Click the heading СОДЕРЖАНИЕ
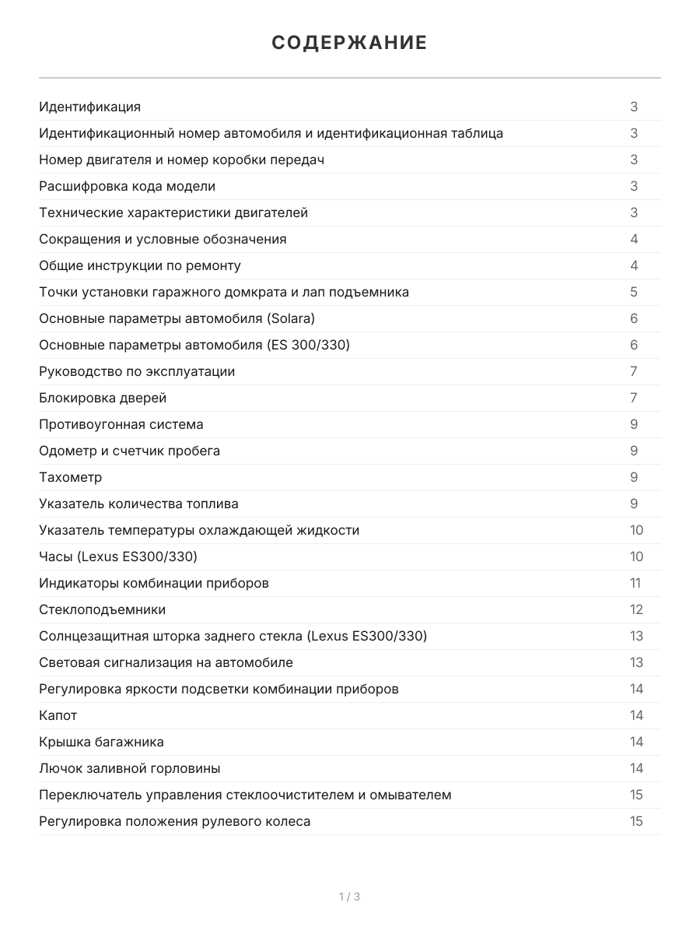349,43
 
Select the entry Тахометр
71,477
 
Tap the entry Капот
58,715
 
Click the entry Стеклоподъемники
102,609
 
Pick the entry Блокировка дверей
103,398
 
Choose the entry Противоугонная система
121,424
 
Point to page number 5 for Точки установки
634,292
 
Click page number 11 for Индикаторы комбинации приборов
635,583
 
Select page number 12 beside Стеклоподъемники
636,609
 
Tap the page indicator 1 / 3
349,897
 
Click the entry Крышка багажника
101,742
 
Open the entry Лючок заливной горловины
129,768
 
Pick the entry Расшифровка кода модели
127,186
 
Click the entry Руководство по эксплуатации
137,371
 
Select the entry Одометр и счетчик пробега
129,451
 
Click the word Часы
55,557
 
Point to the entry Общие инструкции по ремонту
140,265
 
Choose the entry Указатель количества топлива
138,504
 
